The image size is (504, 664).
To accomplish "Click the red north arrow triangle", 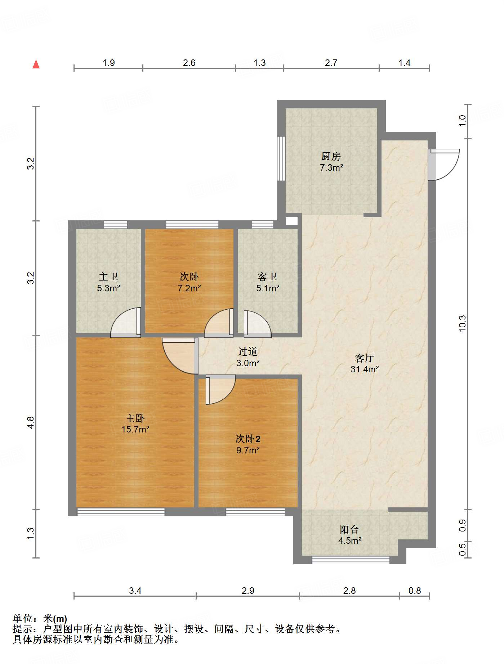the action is pyautogui.click(x=36, y=64).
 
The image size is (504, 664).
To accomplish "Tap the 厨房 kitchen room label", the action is pyautogui.click(x=331, y=156).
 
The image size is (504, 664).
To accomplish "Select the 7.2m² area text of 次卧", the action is pyautogui.click(x=189, y=288).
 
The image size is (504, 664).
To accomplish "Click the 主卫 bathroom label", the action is pyautogui.click(x=108, y=277).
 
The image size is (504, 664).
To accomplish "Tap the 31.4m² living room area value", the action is pyautogui.click(x=365, y=369).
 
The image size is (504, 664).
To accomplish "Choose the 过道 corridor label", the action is pyautogui.click(x=248, y=351).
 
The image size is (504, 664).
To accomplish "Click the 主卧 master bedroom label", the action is pyautogui.click(x=135, y=418).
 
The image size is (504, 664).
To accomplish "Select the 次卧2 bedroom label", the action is pyautogui.click(x=248, y=439).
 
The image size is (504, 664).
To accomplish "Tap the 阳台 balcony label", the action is pyautogui.click(x=349, y=529).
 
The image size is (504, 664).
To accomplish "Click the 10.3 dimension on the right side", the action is pyautogui.click(x=462, y=323).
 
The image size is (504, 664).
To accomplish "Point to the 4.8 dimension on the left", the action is pyautogui.click(x=31, y=422).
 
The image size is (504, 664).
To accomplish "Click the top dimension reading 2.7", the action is pyautogui.click(x=331, y=63).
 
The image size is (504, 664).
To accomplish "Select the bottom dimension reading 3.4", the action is pyautogui.click(x=135, y=591).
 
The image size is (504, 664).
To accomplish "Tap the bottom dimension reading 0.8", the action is pyautogui.click(x=415, y=591).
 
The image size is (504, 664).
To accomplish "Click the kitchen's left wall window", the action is pyautogui.click(x=281, y=158).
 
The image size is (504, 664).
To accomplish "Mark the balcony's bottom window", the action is pyautogui.click(x=351, y=560).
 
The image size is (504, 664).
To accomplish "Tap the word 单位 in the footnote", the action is pyautogui.click(x=23, y=619).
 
